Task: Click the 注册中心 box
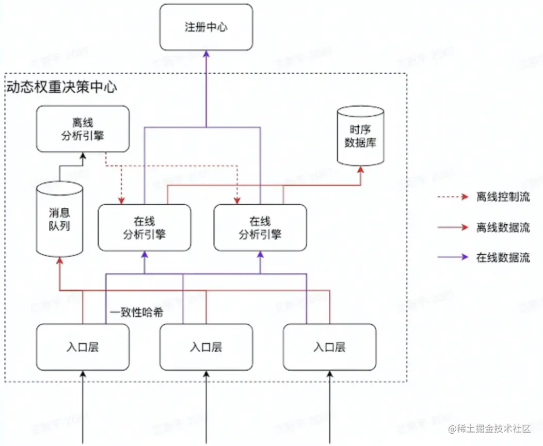[206, 27]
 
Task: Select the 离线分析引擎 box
[83, 129]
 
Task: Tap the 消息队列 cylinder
[59, 219]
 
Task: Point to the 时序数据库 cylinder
[360, 135]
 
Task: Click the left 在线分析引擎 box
[145, 228]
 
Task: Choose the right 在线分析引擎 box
[260, 228]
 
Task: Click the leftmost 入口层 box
[83, 347]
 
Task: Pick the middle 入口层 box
[206, 347]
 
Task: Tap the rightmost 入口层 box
[329, 347]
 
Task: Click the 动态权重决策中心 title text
[61, 86]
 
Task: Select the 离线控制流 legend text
[503, 197]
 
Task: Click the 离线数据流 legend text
[503, 227]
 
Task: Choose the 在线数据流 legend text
[503, 258]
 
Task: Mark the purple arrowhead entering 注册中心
[206, 54]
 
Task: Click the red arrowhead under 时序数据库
[360, 169]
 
